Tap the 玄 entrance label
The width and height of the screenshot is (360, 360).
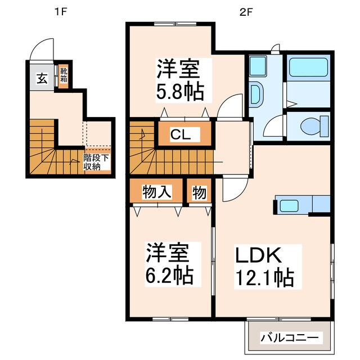click(42, 78)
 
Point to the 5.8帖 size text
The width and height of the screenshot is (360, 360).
click(179, 89)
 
